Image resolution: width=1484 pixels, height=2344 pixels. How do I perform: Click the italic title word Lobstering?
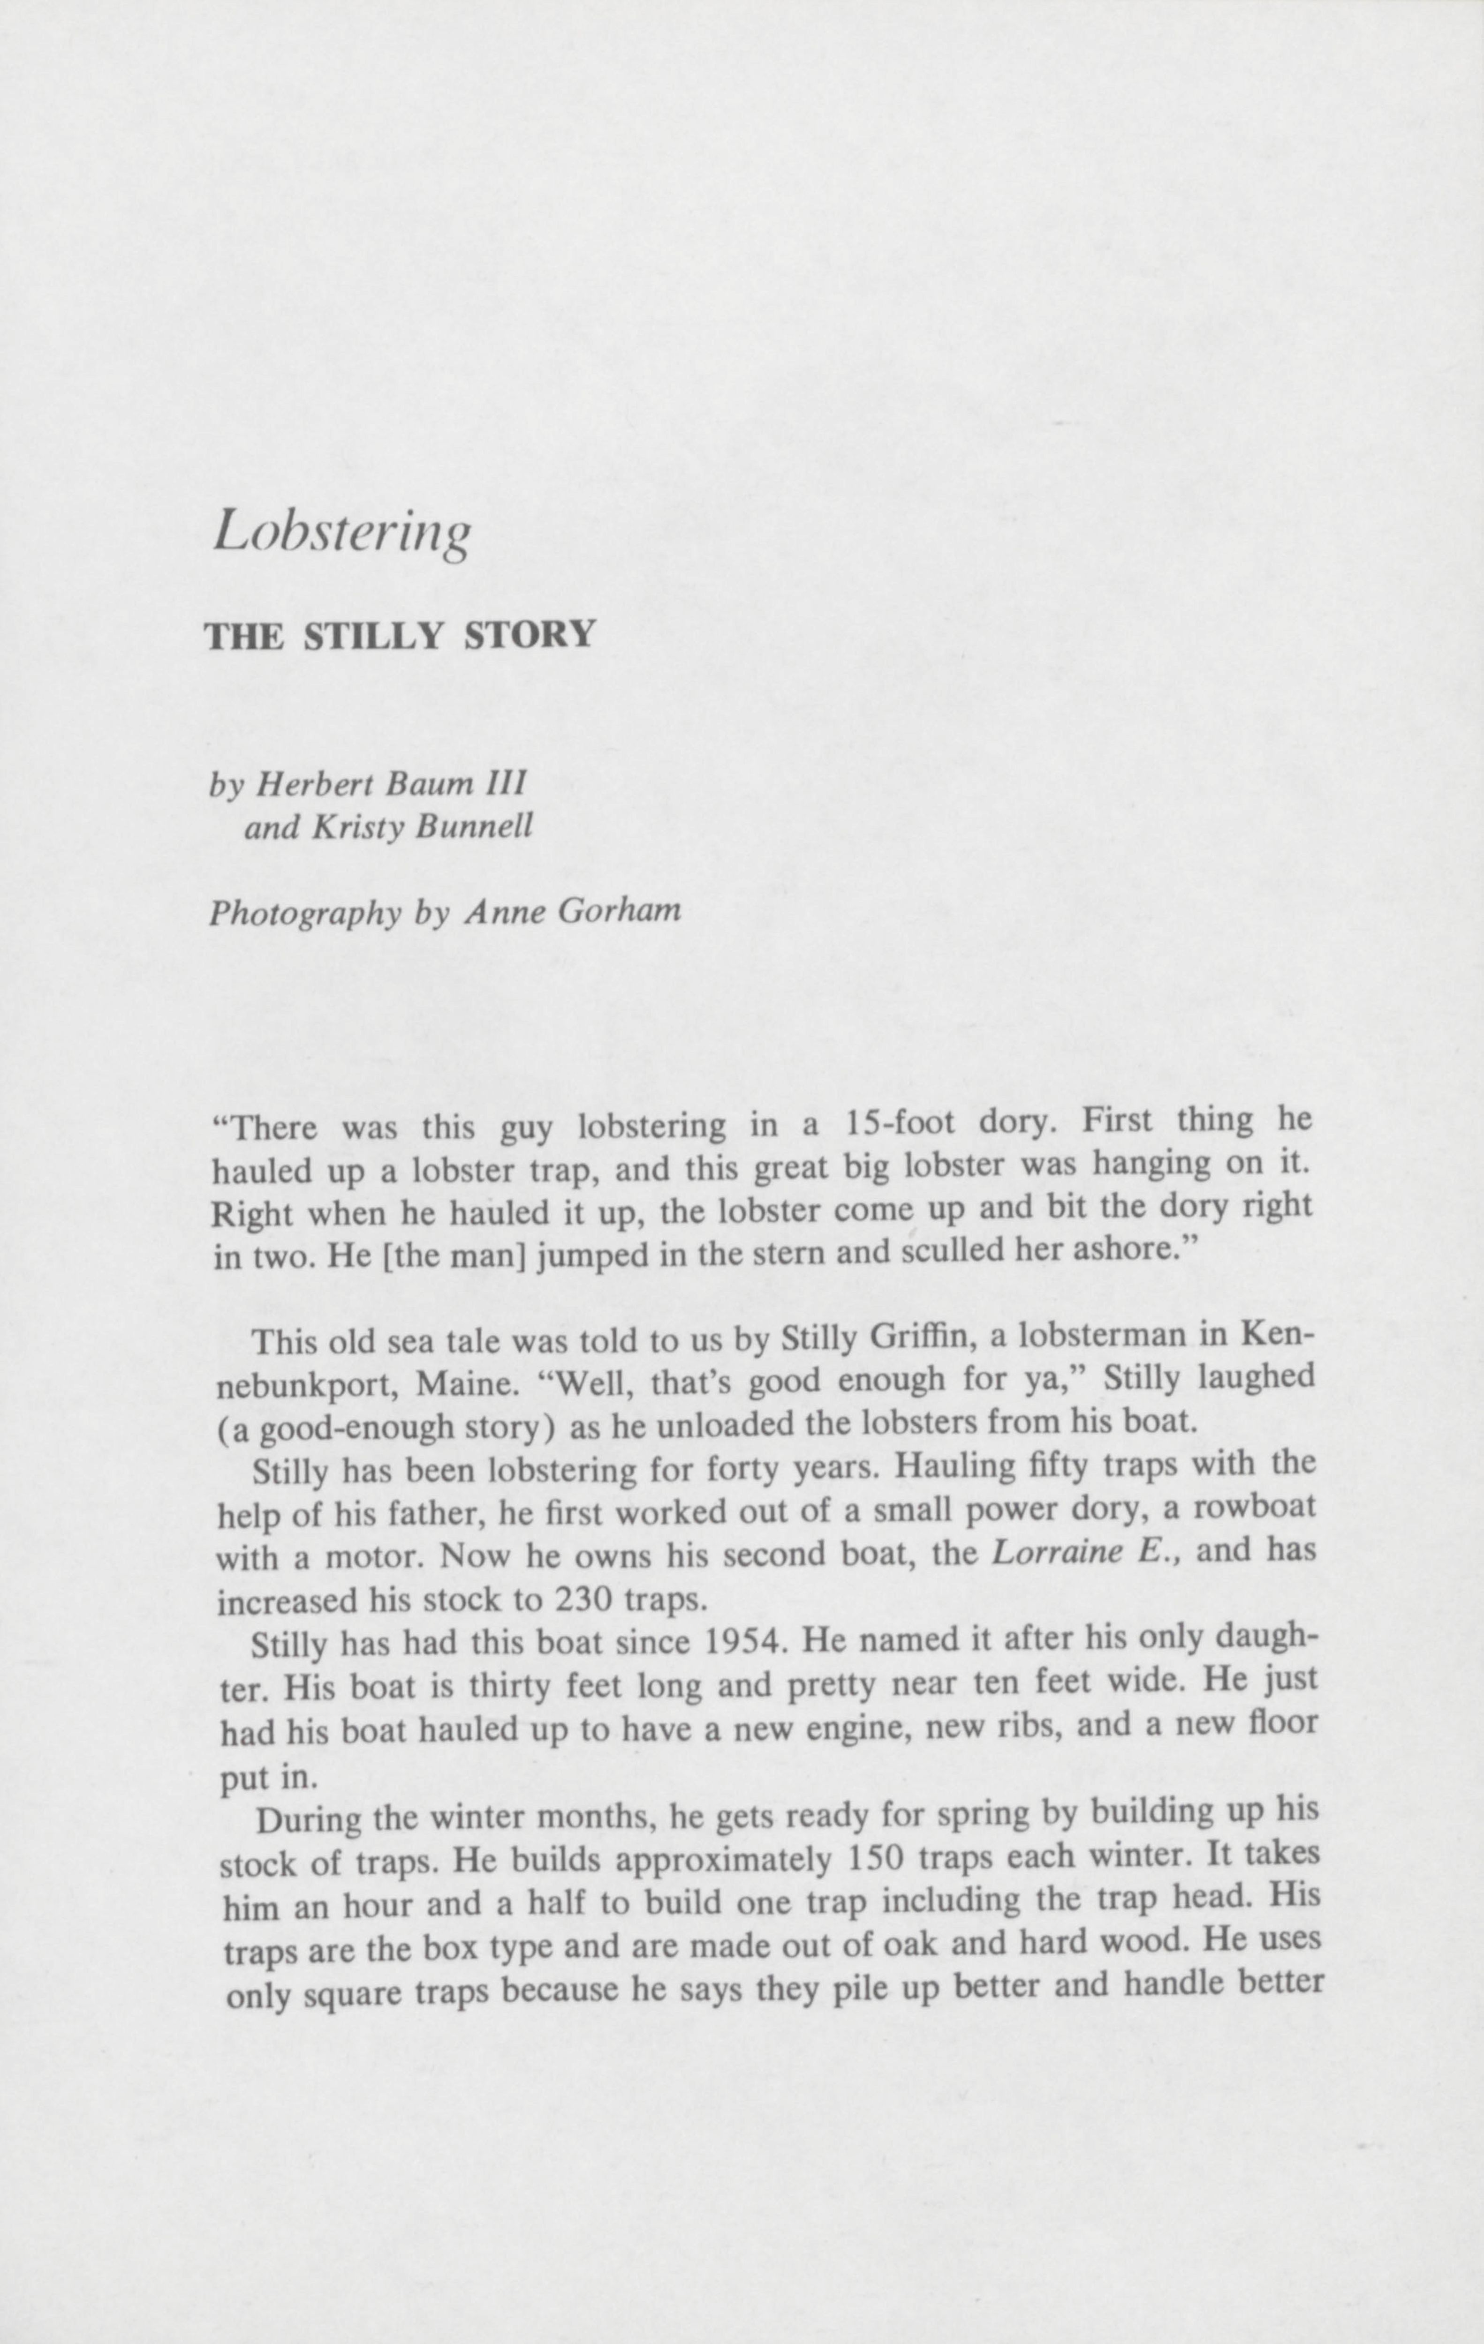pos(342,533)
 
